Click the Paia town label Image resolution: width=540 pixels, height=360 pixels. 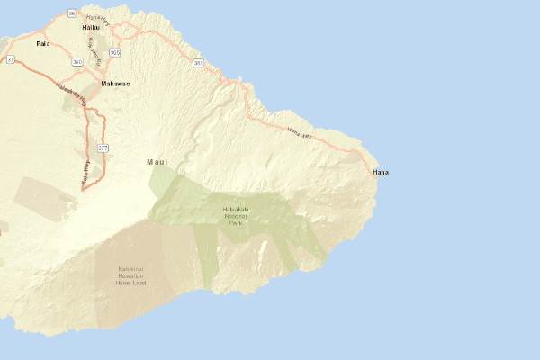[x=42, y=43]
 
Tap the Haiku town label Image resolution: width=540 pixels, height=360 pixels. [x=90, y=27]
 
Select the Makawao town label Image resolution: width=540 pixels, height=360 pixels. [x=115, y=83]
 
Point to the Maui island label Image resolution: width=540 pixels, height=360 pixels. [x=157, y=162]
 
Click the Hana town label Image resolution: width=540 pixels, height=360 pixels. [x=381, y=172]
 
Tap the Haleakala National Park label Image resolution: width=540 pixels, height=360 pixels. [x=235, y=216]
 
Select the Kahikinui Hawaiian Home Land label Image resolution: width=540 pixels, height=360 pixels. [x=130, y=275]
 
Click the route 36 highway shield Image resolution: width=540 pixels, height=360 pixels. [x=71, y=13]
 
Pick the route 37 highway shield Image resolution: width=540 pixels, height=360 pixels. [x=11, y=58]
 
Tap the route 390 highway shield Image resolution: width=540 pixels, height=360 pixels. [x=77, y=62]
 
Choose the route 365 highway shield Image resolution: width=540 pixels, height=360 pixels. [x=114, y=53]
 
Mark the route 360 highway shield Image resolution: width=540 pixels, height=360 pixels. [x=198, y=63]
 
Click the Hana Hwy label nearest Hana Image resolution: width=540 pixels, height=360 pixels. [x=299, y=132]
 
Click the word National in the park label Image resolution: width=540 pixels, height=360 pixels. [x=235, y=216]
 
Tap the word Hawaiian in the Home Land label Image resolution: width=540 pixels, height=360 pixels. [x=130, y=275]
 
